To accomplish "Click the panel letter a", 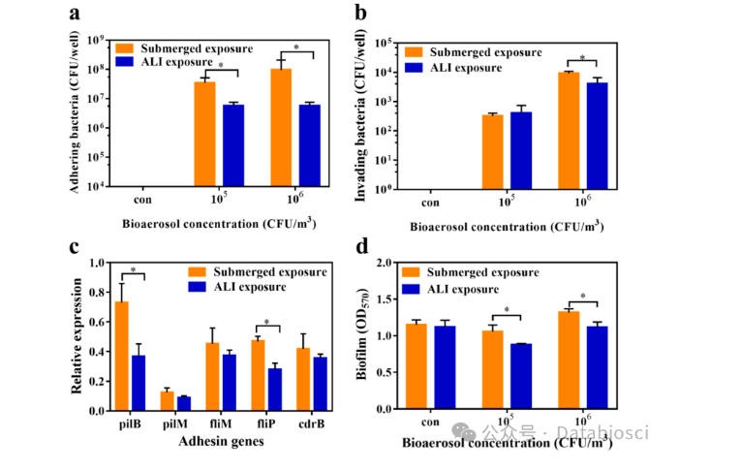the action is [75, 14].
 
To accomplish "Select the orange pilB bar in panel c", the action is [121, 356].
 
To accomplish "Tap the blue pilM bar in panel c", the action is [184, 403].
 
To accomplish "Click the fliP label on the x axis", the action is [266, 424].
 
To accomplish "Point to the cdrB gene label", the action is [312, 424].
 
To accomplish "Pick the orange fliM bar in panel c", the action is [212, 376].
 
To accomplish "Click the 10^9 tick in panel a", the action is [95, 41].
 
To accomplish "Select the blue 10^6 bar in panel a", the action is [310, 145].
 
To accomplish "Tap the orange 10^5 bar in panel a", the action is [204, 134].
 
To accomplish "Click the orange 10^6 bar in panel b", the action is [569, 131].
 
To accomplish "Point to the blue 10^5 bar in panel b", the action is [521, 150].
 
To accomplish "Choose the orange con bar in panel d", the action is [417, 366].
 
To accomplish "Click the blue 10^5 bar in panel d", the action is [521, 376].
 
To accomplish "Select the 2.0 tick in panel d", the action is [385, 263].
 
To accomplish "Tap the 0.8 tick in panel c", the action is [97, 293].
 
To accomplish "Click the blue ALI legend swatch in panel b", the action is [414, 67].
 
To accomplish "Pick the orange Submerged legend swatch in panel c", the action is [197, 271].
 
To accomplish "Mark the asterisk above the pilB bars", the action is [134, 270].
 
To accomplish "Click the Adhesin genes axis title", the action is [221, 441].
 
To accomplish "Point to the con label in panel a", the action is [142, 200].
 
